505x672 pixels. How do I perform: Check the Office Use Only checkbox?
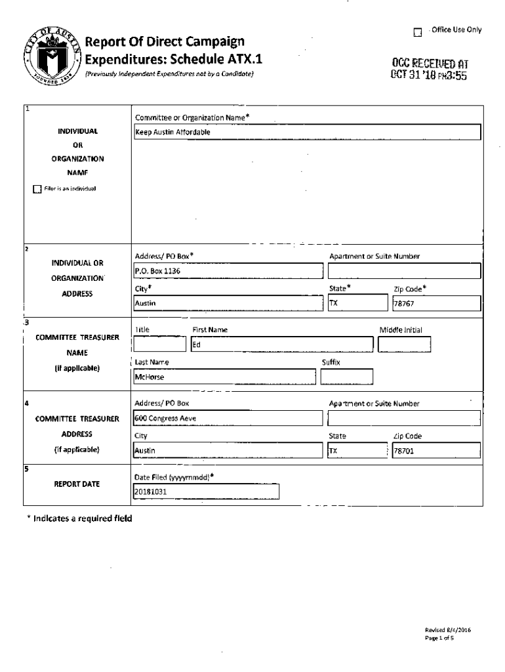417,31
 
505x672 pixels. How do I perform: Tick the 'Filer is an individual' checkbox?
37,190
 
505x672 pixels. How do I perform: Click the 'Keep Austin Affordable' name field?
307,132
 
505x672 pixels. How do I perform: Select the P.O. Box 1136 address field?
228,270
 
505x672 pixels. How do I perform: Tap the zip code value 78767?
435,303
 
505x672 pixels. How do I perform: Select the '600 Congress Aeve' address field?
228,418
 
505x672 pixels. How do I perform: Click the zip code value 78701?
435,451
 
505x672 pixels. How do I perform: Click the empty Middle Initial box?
404,345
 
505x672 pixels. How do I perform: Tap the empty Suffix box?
346,377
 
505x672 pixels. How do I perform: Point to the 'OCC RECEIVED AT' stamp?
430,69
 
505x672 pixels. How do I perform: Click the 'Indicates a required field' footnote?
79,518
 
